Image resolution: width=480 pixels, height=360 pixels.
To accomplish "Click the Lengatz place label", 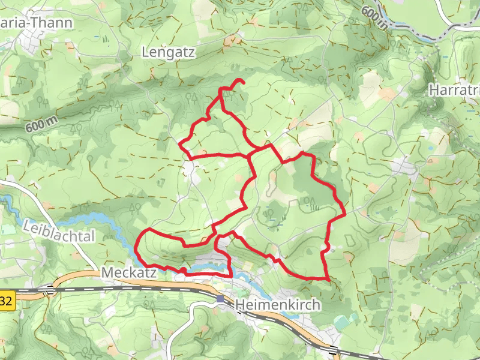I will point(169,53).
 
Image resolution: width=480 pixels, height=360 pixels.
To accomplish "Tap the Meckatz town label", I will point(129,272).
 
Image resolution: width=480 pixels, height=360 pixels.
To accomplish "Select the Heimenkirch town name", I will point(278,305).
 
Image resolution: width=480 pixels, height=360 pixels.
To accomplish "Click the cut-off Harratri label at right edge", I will point(455,90).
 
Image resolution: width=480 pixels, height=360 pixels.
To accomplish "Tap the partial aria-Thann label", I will point(37,23).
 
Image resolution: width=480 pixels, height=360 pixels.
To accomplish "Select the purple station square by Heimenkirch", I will point(221,299).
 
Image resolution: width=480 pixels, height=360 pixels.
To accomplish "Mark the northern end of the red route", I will point(244,81).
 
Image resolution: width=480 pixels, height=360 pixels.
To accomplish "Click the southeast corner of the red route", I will point(329,280).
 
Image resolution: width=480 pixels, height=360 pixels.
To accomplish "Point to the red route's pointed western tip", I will point(180,142).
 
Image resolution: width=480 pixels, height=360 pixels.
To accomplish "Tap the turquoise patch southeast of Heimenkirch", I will point(341,323).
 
